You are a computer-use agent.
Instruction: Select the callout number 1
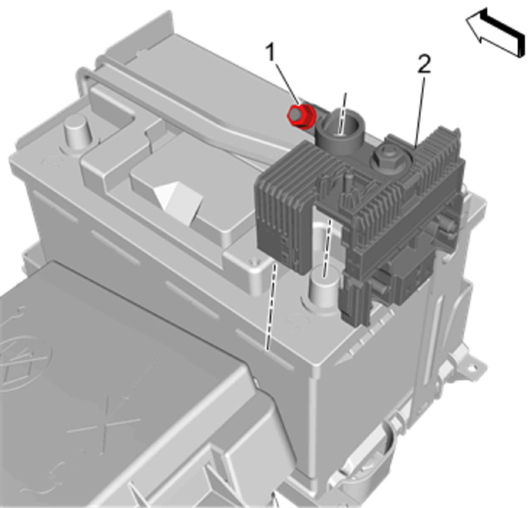pyautogui.click(x=271, y=53)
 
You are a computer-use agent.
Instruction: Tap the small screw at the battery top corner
pyautogui.click(x=255, y=262)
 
